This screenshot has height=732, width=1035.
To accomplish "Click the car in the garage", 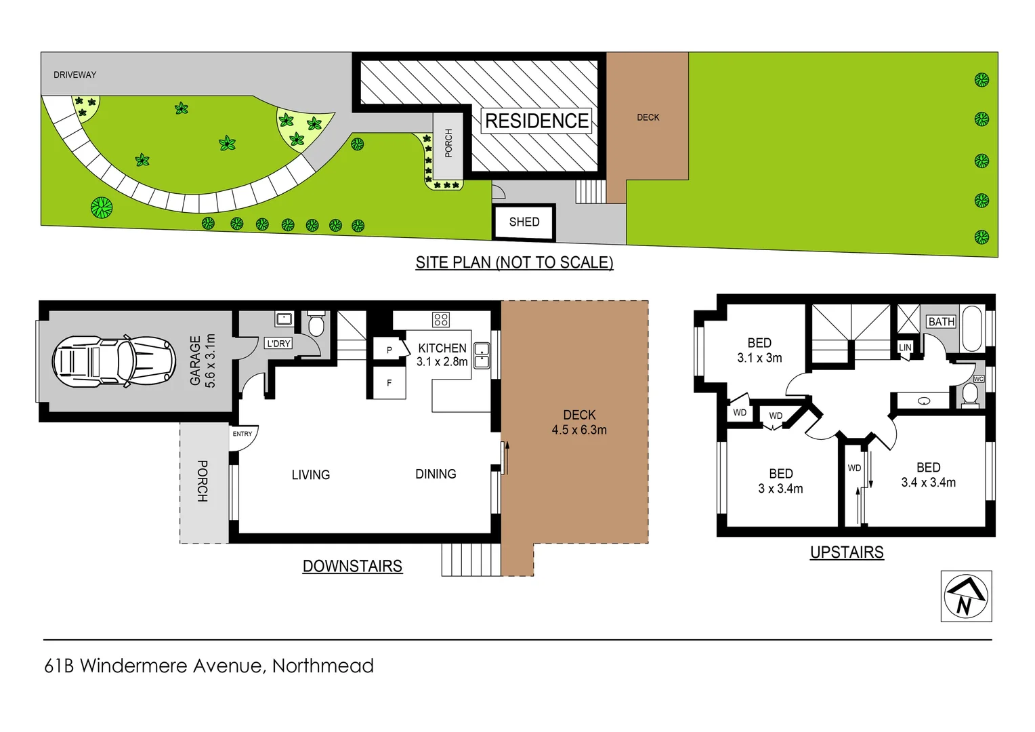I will (114, 361).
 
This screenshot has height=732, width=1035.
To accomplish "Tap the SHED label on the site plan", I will (524, 222).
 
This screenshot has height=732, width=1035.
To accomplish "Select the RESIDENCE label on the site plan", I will (536, 121).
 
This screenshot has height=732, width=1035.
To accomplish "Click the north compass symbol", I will (966, 596).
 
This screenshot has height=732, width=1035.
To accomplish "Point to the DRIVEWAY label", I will (75, 75).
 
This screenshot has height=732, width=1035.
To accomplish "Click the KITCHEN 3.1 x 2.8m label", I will (442, 354).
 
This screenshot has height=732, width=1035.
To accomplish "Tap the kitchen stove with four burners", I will (441, 319).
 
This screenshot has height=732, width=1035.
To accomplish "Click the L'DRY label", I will (278, 344).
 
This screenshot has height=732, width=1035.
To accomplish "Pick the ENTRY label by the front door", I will (242, 434).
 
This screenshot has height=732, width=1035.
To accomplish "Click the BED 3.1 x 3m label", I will (759, 350).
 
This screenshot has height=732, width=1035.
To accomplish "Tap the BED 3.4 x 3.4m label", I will (928, 474).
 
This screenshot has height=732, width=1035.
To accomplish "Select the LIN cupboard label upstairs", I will (905, 347).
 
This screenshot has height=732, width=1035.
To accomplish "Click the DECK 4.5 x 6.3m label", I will (579, 422).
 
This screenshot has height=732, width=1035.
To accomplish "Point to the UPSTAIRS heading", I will (847, 552).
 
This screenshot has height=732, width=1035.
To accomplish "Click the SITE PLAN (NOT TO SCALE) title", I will (514, 262).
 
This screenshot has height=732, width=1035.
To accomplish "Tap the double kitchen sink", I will (482, 355).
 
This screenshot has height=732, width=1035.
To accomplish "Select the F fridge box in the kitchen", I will (389, 383).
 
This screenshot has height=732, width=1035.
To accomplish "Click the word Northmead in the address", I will (322, 666).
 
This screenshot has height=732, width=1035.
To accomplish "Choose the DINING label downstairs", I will (436, 474).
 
